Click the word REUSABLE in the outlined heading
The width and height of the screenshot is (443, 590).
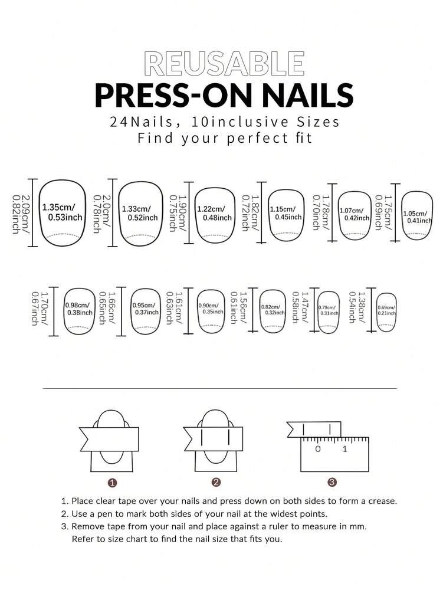224,64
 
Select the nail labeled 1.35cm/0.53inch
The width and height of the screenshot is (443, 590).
62,213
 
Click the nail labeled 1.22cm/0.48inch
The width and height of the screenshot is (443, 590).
215,214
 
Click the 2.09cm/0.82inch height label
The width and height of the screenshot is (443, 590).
20,213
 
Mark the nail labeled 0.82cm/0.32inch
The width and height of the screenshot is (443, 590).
273,309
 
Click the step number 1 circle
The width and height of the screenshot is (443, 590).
112,483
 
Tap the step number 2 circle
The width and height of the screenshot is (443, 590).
216,483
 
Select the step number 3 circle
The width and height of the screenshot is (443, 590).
332,483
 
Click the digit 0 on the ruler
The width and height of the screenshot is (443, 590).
318,449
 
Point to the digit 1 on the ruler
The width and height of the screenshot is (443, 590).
345,449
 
